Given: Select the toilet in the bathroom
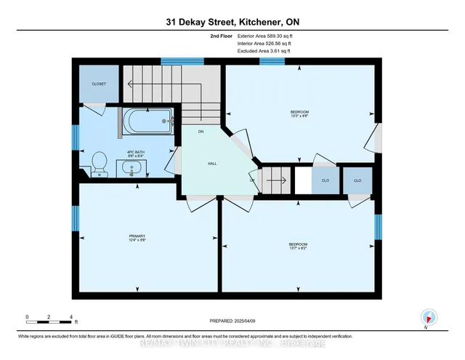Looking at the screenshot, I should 100,164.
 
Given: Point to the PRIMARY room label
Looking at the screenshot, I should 138,236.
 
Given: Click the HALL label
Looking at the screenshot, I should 212,164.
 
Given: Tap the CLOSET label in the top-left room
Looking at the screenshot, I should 99,84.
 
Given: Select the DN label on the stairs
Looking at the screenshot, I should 201,132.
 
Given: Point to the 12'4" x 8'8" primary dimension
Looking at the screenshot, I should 138,241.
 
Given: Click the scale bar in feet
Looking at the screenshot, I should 49,319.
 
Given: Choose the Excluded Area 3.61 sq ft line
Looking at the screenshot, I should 264,51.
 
